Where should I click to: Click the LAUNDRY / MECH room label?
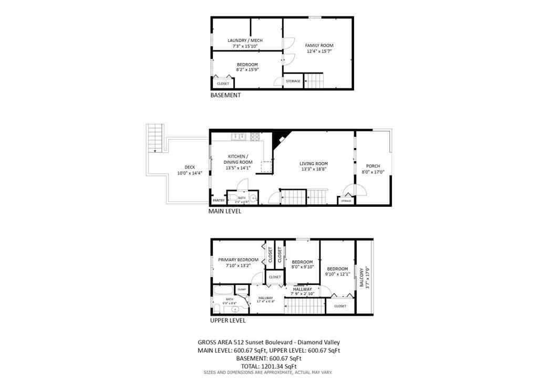[245, 40]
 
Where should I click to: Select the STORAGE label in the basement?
[293, 81]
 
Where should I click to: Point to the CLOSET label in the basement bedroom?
[223, 83]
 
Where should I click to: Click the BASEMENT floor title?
[225, 96]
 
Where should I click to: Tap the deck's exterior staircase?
[156, 138]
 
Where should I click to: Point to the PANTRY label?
[219, 200]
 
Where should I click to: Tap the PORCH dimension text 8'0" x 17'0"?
[373, 172]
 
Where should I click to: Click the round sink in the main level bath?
[253, 198]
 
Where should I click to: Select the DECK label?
[175, 167]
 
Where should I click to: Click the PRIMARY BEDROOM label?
[239, 260]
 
